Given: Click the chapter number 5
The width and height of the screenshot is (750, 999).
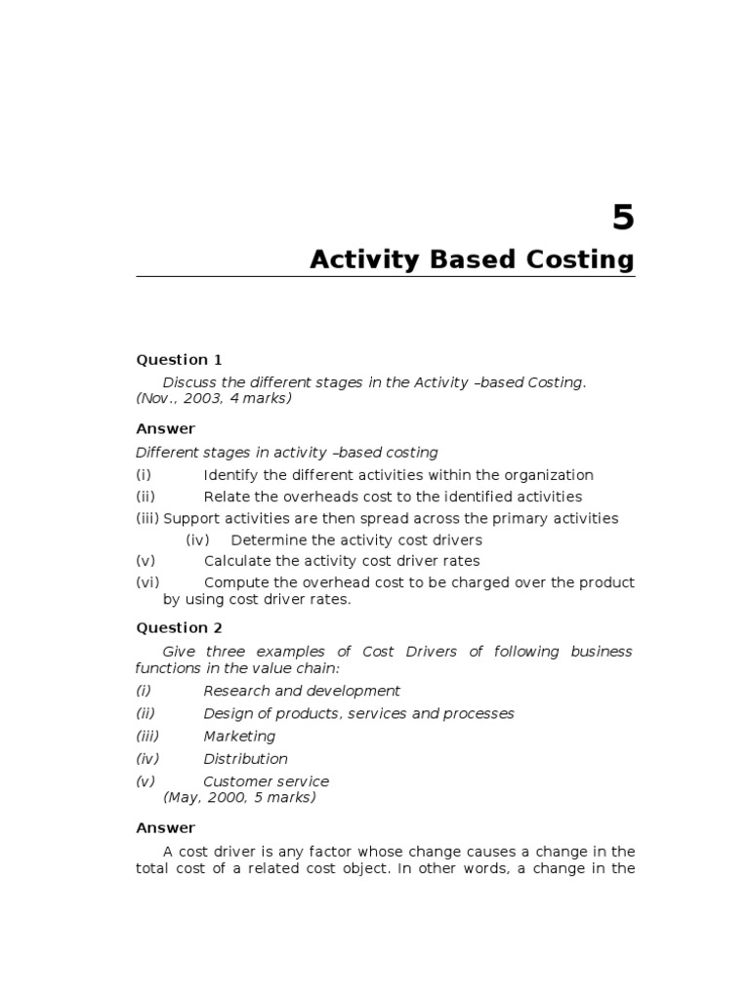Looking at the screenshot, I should coord(623,219).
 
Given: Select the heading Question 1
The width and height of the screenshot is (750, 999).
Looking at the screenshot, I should coord(179,360).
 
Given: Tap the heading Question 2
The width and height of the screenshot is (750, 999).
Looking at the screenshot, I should coord(179,628).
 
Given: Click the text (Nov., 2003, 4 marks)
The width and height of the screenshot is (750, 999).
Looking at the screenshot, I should coord(213,398).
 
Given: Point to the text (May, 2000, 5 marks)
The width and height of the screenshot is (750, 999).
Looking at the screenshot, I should coord(239,797).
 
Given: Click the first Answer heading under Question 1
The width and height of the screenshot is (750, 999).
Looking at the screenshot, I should coord(165,429).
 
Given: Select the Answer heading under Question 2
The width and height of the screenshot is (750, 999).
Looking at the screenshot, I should coord(165,828).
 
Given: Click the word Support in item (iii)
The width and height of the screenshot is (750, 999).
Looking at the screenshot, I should coord(190,518).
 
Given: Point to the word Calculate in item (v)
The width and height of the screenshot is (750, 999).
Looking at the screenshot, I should coord(235,561).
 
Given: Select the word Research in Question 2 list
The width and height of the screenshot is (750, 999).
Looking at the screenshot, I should coord(235,691).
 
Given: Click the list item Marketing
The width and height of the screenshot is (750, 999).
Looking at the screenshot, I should coord(239,737).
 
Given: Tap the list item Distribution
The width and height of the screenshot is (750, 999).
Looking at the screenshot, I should coord(245,759).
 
